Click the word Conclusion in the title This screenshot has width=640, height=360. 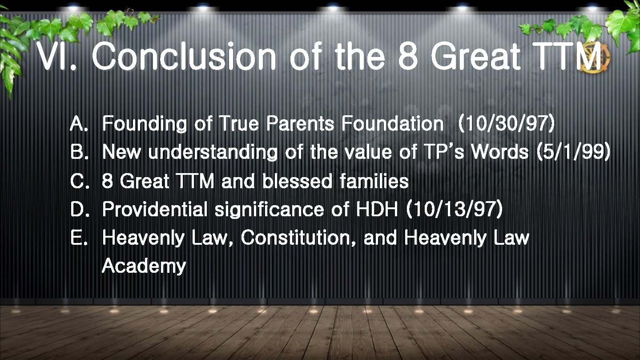(x=184, y=57)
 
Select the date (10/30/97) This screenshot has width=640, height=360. (x=506, y=124)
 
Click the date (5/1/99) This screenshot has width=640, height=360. (x=573, y=152)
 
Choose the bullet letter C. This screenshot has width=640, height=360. (x=79, y=182)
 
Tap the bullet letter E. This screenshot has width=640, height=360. (x=79, y=239)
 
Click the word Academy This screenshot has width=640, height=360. (x=144, y=267)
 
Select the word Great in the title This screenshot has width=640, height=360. (x=476, y=57)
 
